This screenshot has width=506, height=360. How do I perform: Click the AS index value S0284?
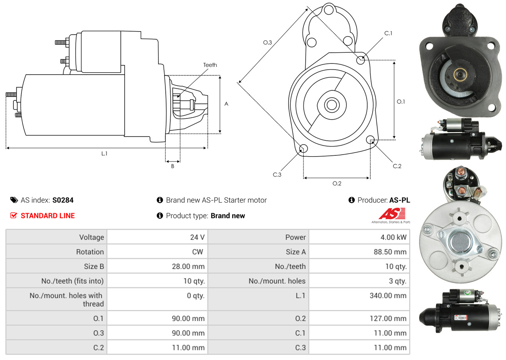[x=63, y=200]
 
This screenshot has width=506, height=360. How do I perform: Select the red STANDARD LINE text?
[x=48, y=216]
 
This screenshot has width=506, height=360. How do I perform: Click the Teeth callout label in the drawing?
[x=210, y=65]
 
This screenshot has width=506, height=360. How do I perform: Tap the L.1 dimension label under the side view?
[x=104, y=153]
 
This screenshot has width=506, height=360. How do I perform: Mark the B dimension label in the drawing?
[x=173, y=166]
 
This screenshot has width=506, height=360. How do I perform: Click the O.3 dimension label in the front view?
[x=267, y=42]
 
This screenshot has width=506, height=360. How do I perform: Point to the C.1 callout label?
[x=388, y=33]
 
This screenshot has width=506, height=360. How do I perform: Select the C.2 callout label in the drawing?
[x=397, y=166]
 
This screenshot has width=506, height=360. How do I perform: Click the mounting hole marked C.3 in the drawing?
[x=303, y=148]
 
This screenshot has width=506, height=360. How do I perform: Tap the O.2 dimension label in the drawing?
[x=337, y=183]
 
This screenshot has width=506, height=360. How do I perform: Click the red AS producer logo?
[x=392, y=214]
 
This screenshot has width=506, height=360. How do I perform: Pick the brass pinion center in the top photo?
[x=459, y=74]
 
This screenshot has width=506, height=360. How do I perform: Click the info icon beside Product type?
[x=160, y=216]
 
